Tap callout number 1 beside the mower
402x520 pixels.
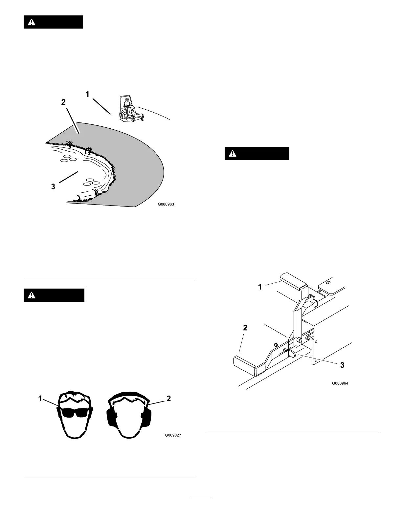(87, 94)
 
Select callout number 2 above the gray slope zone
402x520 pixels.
(63, 102)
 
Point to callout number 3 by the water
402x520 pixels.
(53, 187)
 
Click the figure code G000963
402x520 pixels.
(166, 204)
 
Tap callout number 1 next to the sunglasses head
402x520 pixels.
(40, 399)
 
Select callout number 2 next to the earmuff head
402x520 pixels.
(168, 399)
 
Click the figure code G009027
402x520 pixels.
(173, 435)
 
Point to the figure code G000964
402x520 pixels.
(340, 383)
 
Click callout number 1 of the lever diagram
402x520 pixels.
(260, 287)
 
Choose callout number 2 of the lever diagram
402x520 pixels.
(245, 328)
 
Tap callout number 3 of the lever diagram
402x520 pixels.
(342, 365)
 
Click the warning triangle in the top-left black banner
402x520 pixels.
(31, 22)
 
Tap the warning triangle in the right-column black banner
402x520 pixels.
(232, 153)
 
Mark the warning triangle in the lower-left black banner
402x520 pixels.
(31, 295)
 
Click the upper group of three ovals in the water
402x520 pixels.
(68, 158)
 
